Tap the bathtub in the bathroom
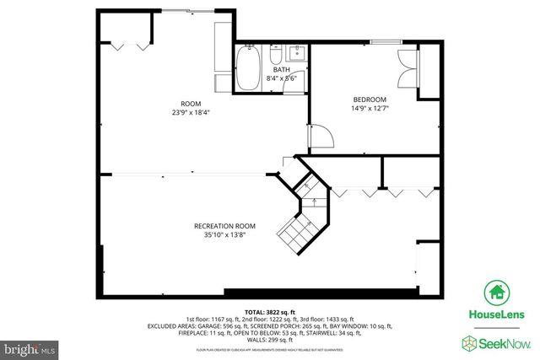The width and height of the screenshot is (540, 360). tap(248, 69)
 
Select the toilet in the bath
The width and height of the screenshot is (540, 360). tap(276, 56)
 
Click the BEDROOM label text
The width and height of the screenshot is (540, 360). tap(370, 98)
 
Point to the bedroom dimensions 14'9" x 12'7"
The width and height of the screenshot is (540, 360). tap(370, 107)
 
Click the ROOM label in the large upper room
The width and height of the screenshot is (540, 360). tap(179, 104)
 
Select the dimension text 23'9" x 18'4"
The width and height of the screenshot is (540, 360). tap(179, 113)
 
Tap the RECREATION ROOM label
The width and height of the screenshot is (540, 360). tap(224, 226)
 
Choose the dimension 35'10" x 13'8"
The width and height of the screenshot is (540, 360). tap(224, 236)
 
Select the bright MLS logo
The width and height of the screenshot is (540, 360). tap(29, 347)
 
